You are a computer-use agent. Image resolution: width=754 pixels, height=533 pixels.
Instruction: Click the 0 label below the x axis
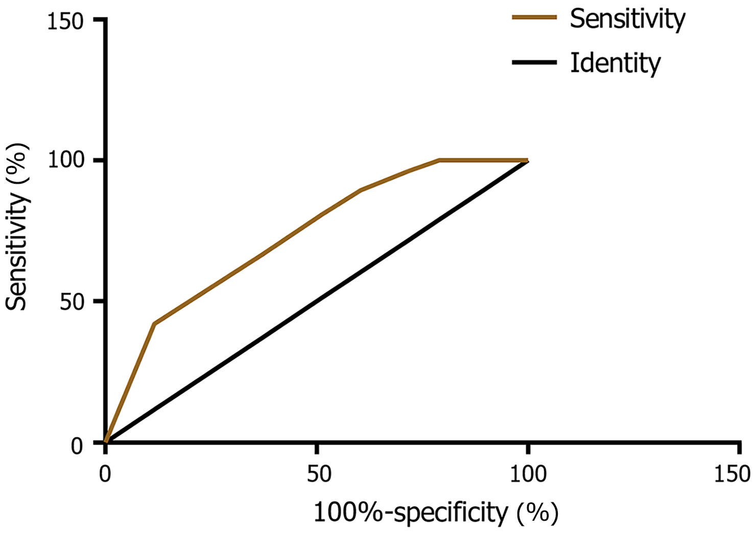[105, 474]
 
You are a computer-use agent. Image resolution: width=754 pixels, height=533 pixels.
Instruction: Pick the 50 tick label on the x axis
[318, 474]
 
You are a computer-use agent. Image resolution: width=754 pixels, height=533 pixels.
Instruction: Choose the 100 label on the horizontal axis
[528, 474]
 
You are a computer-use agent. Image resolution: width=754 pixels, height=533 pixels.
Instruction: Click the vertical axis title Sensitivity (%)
[17, 227]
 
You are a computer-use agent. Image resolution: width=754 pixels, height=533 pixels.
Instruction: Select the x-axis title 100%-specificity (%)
[435, 513]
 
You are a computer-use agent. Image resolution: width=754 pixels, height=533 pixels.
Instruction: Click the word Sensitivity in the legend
[627, 19]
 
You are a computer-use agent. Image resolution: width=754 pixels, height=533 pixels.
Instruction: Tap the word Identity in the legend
[615, 63]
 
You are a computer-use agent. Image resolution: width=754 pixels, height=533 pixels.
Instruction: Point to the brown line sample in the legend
[534, 17]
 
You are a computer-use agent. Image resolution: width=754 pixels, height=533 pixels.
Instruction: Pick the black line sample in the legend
[534, 62]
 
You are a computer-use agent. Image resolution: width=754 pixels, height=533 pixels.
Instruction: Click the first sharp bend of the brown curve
[154, 323]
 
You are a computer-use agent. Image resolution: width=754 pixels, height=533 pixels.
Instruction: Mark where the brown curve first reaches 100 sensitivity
[439, 160]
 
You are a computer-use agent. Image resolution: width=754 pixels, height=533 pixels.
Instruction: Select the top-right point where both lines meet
[527, 161]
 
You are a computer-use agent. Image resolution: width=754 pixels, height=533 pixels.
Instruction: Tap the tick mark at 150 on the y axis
[100, 19]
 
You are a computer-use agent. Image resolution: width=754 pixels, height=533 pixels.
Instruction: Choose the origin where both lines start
[106, 442]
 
